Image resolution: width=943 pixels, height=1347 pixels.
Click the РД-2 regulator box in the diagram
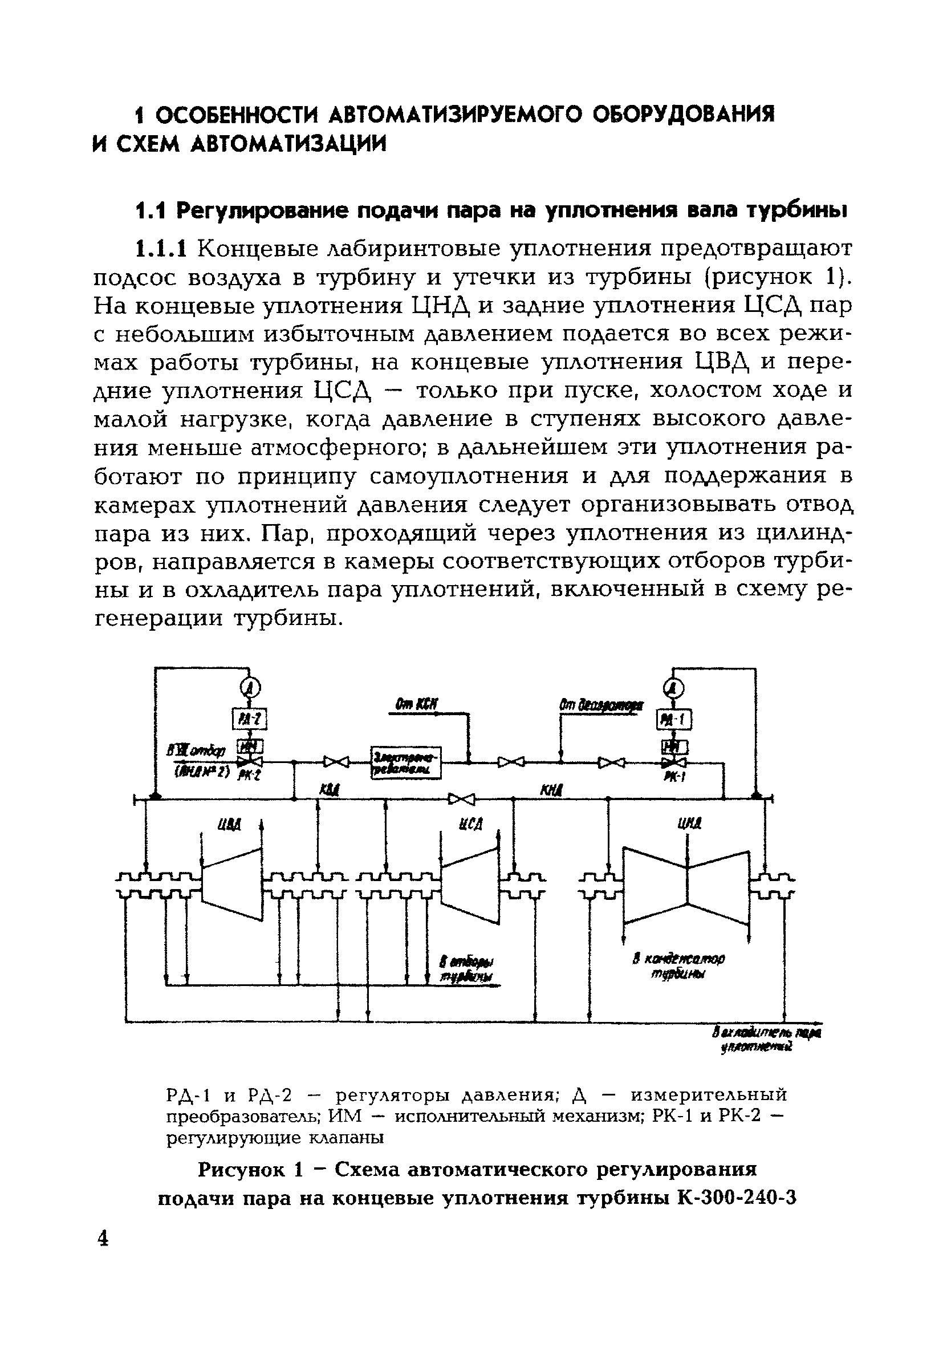click(250, 719)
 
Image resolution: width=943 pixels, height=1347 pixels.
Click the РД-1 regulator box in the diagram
click(675, 719)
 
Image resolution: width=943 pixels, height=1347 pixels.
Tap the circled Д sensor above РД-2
click(250, 688)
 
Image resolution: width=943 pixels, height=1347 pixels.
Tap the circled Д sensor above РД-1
click(674, 688)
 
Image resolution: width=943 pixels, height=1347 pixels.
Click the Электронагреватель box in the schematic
click(406, 762)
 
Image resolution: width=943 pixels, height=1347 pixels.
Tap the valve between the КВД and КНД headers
click(461, 798)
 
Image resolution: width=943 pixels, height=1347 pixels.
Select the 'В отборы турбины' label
click(467, 968)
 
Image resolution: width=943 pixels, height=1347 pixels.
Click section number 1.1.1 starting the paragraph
click(161, 249)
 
